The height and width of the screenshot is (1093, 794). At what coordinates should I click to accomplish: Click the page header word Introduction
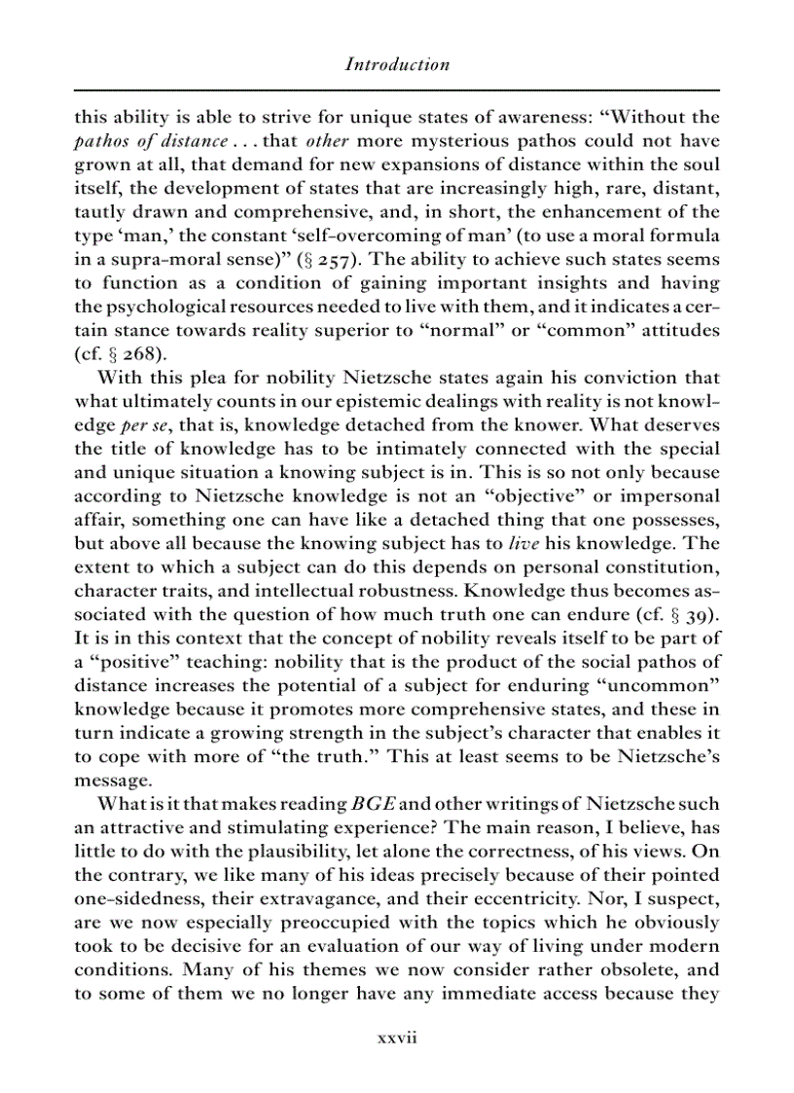(397, 65)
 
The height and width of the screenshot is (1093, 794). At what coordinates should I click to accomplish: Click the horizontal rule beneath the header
(397, 91)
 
